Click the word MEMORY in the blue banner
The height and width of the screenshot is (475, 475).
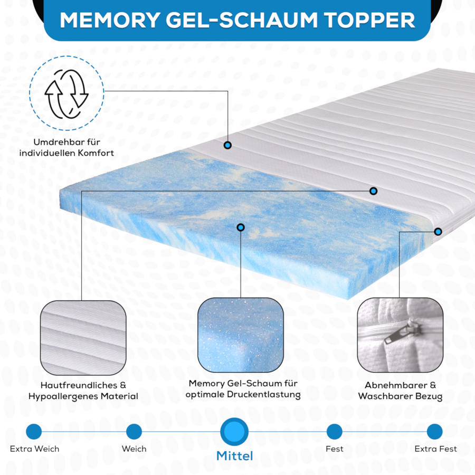point(110,20)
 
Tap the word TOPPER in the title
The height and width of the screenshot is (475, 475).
point(369,20)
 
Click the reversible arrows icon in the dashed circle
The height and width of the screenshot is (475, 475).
point(66,94)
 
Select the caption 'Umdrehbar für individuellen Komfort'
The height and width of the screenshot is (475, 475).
point(66,148)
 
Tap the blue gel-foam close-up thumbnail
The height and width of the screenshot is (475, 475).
point(241,335)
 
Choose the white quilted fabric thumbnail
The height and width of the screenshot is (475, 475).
point(83,338)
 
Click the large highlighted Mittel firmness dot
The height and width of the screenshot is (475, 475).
point(234,432)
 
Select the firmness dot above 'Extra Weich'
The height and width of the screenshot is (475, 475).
point(34,432)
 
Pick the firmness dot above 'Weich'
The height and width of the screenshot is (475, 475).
point(134,432)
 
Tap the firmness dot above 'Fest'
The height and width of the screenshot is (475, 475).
point(335,432)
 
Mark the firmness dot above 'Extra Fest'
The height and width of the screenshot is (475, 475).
point(435,432)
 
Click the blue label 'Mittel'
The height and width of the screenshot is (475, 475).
point(234,456)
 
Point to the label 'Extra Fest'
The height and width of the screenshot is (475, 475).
point(435,449)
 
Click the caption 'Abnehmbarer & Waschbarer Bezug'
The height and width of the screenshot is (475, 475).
point(400,391)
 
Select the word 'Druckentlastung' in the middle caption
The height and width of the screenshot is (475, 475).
point(263,395)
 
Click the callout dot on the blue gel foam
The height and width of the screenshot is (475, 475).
point(241,227)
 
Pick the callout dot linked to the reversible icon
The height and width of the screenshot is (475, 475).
point(227,145)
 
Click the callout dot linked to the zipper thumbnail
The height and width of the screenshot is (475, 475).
point(438,232)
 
